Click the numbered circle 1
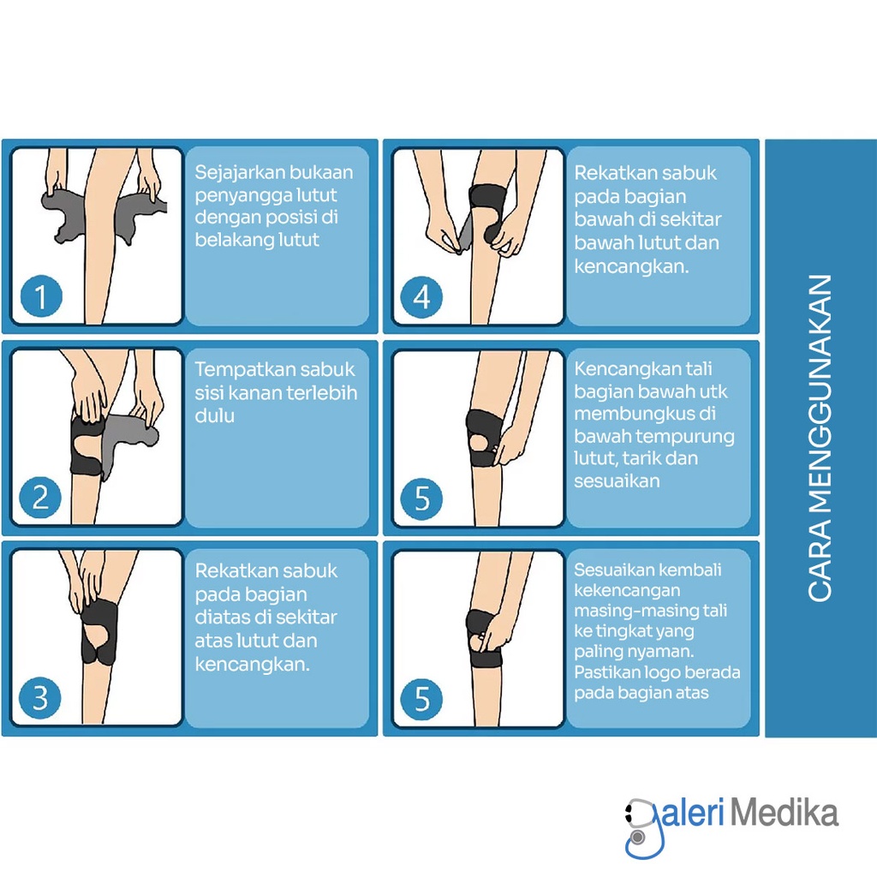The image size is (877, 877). pyautogui.click(x=41, y=296)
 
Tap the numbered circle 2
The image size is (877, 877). pyautogui.click(x=40, y=498)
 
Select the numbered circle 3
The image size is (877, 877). pyautogui.click(x=39, y=698)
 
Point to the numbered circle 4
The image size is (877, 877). pyautogui.click(x=421, y=296)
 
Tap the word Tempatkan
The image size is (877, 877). pyautogui.click(x=235, y=370)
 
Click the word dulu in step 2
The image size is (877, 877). pyautogui.click(x=215, y=415)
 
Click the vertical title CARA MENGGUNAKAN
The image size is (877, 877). pyautogui.click(x=820, y=438)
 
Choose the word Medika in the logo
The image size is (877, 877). pyautogui.click(x=785, y=814)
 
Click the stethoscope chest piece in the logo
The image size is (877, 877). pyautogui.click(x=637, y=838)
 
